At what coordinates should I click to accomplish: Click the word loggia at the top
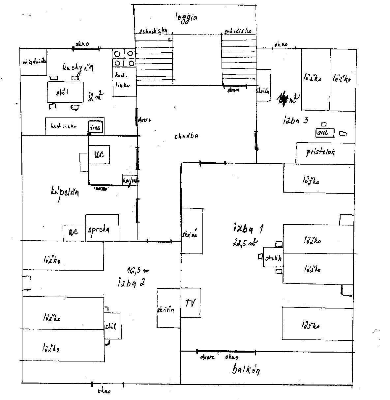pyautogui.click(x=186, y=17)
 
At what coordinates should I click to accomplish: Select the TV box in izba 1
pyautogui.click(x=191, y=303)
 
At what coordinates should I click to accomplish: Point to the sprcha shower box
pyautogui.click(x=102, y=228)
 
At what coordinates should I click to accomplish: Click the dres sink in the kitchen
pyautogui.click(x=96, y=127)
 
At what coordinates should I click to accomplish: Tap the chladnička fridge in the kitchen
pyautogui.click(x=33, y=62)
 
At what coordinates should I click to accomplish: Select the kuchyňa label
pyautogui.click(x=78, y=67)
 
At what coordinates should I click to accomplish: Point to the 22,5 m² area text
pyautogui.click(x=245, y=244)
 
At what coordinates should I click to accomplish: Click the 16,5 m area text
pyautogui.click(x=138, y=271)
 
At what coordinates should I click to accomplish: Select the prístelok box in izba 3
pyautogui.click(x=320, y=152)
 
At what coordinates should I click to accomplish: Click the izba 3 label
pyautogui.click(x=295, y=120)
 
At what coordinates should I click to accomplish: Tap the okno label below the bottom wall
pyautogui.click(x=104, y=391)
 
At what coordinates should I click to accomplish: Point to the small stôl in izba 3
pyautogui.click(x=324, y=133)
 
